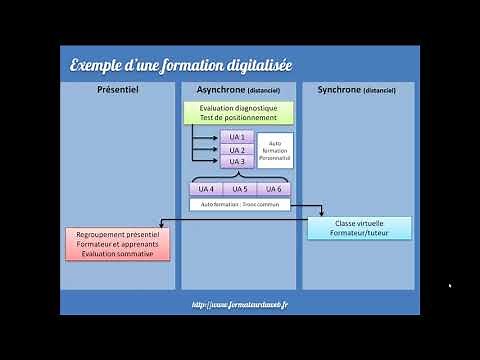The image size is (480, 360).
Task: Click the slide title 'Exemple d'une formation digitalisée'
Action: click(180, 66)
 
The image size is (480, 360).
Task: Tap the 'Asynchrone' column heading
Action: click(238, 89)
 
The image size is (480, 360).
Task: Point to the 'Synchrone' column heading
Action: click(357, 89)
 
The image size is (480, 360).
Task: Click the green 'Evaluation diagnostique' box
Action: click(238, 113)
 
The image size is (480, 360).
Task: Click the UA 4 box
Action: click(206, 188)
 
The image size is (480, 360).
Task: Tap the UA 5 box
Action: click(239, 188)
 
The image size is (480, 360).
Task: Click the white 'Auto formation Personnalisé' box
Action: click(275, 150)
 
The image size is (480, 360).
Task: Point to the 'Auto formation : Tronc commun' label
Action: click(239, 204)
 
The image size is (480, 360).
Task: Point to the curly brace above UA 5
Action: click(239, 174)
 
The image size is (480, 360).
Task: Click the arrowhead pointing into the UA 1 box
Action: click(216, 137)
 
